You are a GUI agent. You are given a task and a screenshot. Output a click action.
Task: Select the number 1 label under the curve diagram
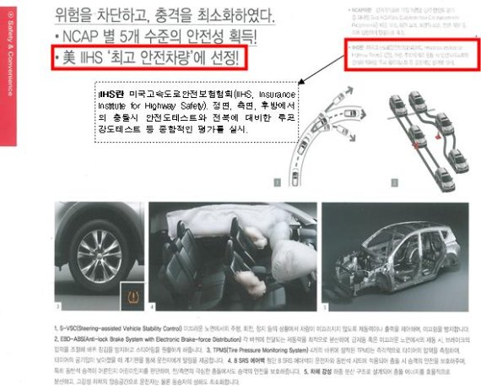tap(274, 181)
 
